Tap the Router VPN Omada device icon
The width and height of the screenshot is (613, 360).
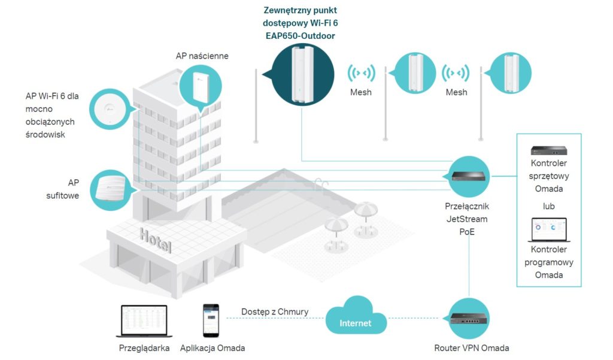pos(468,319)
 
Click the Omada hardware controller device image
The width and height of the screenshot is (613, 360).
pos(548,151)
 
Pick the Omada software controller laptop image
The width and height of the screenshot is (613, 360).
pos(548,231)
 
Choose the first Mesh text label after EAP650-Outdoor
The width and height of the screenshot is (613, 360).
pos(361,92)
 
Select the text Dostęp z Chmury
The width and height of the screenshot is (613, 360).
pos(275,311)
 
